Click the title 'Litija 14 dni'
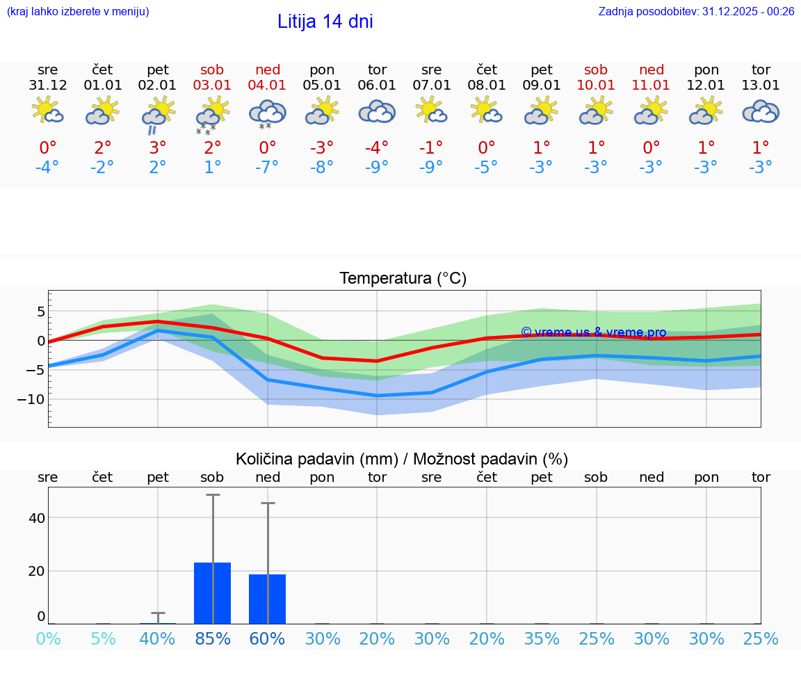325,22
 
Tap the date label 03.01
213,86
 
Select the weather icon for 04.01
268,113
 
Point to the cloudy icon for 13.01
761,111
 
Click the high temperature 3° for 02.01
158,148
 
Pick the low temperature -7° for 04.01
268,168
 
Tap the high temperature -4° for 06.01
377,148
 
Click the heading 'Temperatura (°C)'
403,279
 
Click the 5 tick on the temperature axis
40,311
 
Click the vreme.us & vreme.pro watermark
593,332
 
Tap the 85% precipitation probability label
213,638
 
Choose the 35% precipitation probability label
542,638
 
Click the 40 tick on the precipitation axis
36,518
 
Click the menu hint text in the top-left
78,11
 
